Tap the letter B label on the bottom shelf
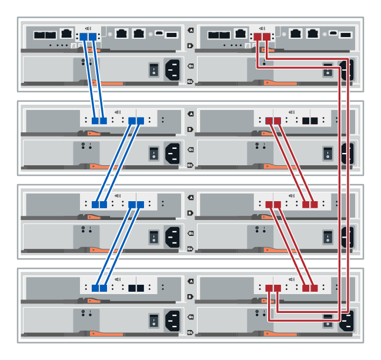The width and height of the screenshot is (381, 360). pos(190,296)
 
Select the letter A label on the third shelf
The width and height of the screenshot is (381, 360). pos(190,198)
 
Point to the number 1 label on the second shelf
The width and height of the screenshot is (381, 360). pos(190,150)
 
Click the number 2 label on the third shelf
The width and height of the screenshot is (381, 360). pos(190,249)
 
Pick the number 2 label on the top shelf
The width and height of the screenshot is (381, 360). pos(190,82)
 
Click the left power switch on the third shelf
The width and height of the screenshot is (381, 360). pos(153,237)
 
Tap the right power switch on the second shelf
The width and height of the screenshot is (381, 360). pos(327,154)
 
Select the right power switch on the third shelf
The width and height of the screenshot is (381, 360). pos(327,237)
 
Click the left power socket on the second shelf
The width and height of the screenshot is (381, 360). pos(172,154)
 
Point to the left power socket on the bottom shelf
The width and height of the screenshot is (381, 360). pos(172,321)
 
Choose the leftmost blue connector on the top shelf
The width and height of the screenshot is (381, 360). pos(83,37)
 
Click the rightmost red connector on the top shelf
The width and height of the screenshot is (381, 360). pos(266,37)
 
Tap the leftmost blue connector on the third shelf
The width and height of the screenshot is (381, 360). pos(95,205)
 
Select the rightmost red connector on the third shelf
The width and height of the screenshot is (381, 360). pos(314,205)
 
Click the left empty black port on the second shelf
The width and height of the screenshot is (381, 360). pos(306,121)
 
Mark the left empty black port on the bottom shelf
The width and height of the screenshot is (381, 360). pos(132,288)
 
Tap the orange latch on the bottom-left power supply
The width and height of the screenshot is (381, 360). pos(106,333)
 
